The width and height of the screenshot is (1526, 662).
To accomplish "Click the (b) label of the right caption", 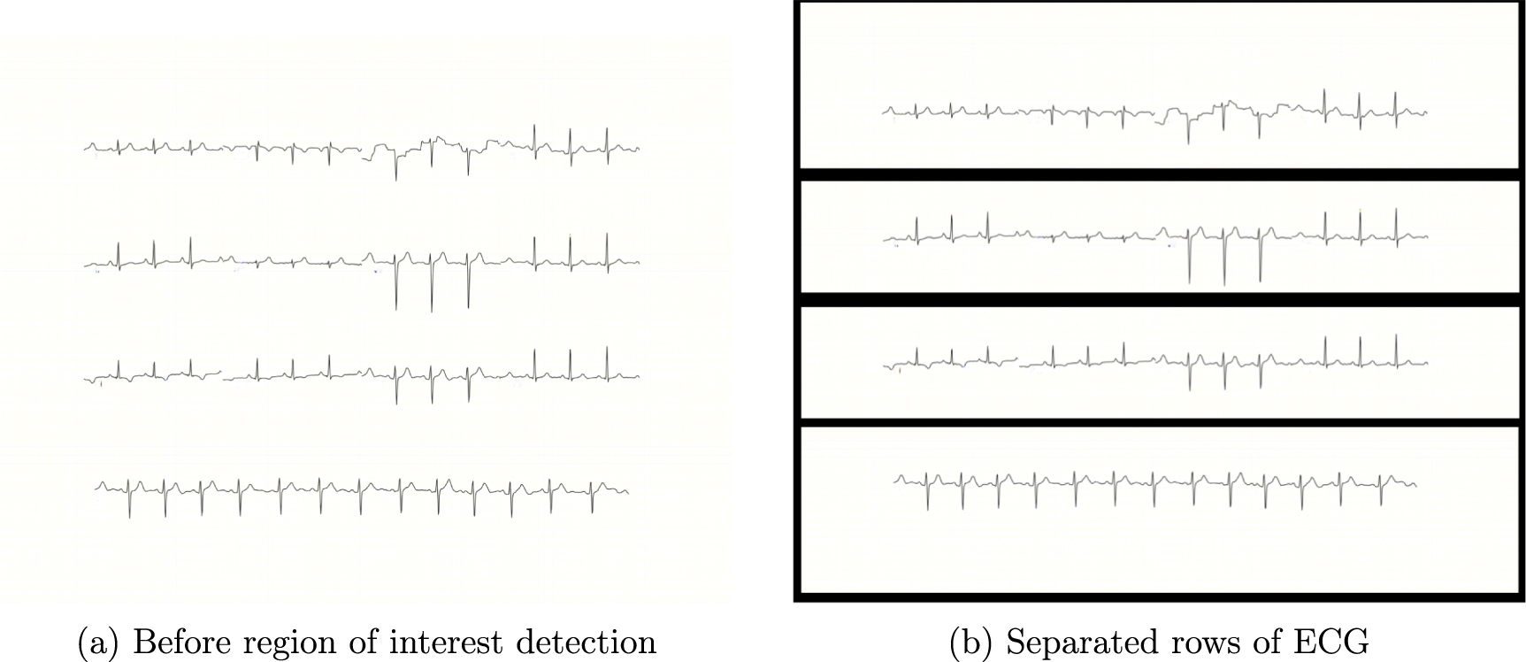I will [x=970, y=642].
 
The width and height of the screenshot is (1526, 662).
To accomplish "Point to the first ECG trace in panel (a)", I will [x=361, y=149].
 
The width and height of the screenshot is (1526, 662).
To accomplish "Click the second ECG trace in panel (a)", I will [x=361, y=263].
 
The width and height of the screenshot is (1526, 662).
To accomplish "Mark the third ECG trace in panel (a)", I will [x=361, y=375].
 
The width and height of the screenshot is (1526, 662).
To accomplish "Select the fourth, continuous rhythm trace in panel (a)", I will [x=361, y=489].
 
